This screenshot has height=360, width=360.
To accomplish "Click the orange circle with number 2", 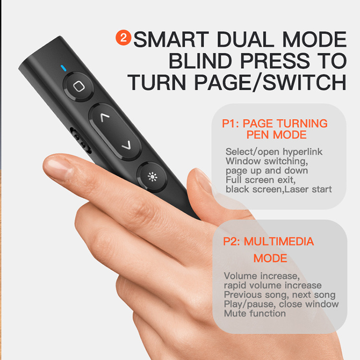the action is [x=123, y=37].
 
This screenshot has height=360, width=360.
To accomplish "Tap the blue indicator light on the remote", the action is [x=63, y=68].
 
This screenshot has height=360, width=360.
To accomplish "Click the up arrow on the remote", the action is [x=105, y=117].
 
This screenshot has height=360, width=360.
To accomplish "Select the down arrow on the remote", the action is [x=127, y=145].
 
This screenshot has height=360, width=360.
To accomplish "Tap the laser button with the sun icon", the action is [x=152, y=177].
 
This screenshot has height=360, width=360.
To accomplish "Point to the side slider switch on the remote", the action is [x=81, y=140].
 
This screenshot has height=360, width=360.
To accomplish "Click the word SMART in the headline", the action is [x=171, y=39].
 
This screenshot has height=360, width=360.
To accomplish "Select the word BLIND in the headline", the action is [x=200, y=61].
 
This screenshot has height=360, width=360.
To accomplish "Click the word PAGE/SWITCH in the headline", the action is [x=270, y=83].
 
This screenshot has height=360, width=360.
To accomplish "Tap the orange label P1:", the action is [x=230, y=123].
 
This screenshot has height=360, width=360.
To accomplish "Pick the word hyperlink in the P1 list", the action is [x=302, y=152].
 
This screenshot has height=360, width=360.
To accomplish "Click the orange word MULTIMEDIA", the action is [x=279, y=241].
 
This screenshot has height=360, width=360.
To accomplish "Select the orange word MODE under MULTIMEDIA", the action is [x=270, y=259].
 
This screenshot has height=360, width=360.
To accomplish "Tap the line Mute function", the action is [x=255, y=313].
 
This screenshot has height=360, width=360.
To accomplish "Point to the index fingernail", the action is [x=58, y=167].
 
